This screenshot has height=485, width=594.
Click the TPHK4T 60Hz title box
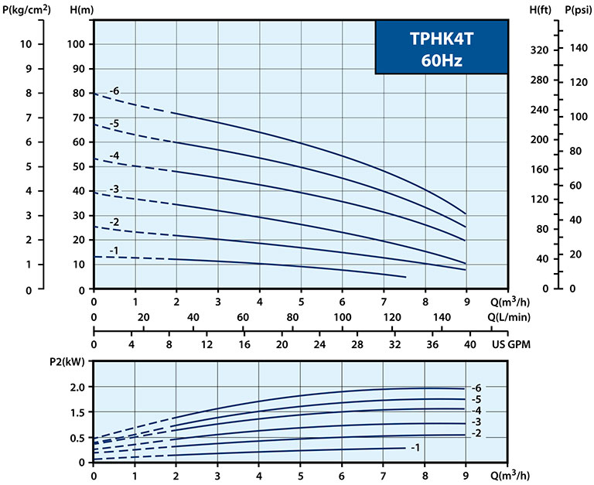click(x=442, y=48)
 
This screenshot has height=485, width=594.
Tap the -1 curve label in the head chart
click(x=114, y=250)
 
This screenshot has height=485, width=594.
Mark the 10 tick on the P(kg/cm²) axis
click(x=26, y=43)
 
